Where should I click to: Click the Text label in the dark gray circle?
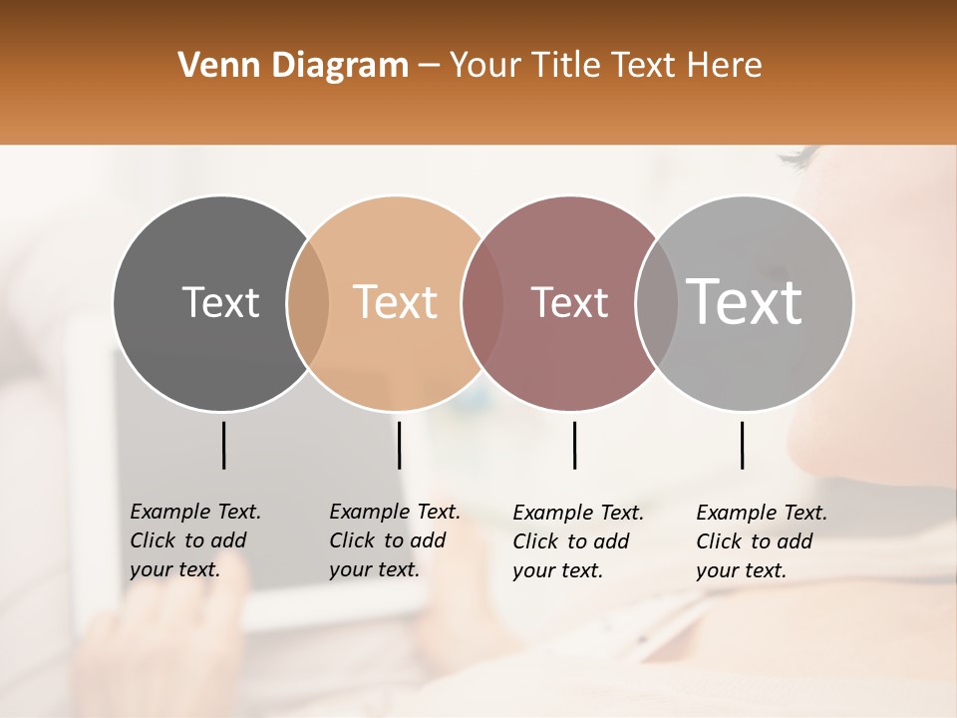click(220, 302)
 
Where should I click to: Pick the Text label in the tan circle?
click(396, 302)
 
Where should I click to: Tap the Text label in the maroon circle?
click(569, 302)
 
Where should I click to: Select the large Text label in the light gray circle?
click(745, 301)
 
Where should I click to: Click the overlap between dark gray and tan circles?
click(308, 303)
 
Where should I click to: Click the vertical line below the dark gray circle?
click(223, 445)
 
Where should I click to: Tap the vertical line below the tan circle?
click(399, 445)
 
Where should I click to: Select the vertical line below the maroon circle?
click(574, 445)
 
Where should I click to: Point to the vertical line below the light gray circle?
click(742, 445)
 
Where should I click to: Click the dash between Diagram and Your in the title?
click(429, 66)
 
